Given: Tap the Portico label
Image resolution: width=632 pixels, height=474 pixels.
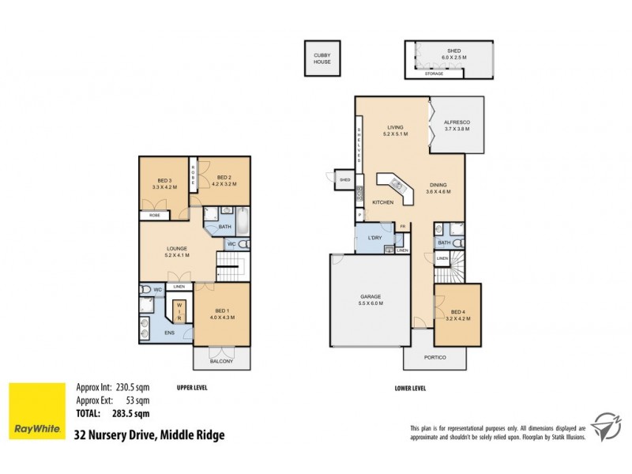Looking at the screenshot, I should (435, 358).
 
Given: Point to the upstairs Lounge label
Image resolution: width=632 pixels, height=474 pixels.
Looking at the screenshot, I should (177, 252).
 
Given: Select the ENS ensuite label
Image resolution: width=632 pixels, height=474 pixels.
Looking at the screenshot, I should (170, 333).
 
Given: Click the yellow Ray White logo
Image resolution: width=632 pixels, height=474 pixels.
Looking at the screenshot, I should (36, 412).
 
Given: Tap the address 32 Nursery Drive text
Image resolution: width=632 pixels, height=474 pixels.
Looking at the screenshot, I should (149, 434).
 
